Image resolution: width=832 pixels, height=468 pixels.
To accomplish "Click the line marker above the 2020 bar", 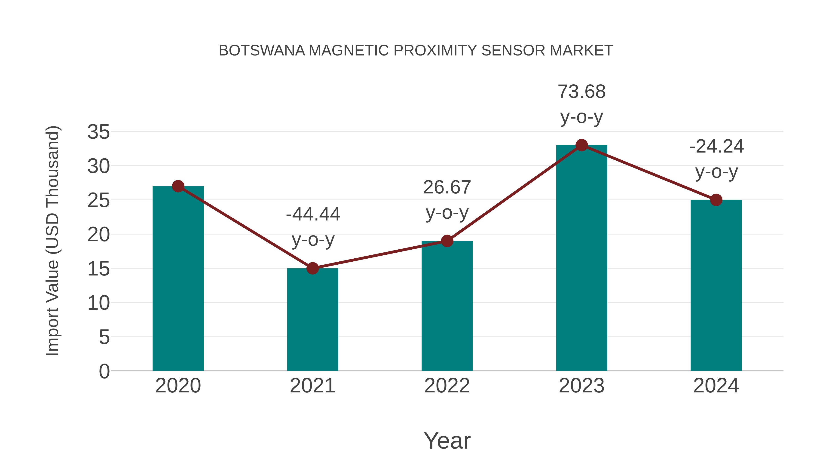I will (x=178, y=186).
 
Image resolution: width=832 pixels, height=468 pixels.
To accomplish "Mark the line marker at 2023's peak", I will (x=581, y=145).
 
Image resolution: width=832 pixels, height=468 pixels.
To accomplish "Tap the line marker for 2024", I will (x=716, y=200).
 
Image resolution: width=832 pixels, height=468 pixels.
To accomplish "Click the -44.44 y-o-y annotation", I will (x=313, y=227).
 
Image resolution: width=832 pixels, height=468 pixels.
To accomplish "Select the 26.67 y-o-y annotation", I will (x=447, y=200).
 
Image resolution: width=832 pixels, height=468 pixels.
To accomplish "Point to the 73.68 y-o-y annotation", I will (x=581, y=104).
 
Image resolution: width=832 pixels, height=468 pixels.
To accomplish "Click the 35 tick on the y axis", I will (x=98, y=132).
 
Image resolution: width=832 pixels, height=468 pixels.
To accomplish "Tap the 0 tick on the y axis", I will (x=104, y=371).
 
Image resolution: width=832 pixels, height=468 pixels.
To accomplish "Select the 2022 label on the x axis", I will (x=447, y=386).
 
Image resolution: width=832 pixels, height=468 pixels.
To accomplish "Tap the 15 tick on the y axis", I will (x=98, y=269).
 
